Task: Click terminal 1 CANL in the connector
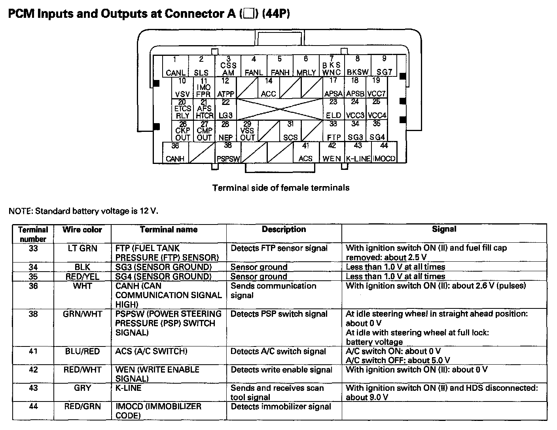(x=176, y=66)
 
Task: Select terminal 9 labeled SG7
(x=384, y=66)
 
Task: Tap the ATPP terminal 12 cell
(x=225, y=88)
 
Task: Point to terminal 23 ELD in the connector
(x=333, y=109)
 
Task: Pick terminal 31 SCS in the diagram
(x=290, y=131)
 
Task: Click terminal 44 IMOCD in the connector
(x=384, y=152)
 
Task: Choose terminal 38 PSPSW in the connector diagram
(x=228, y=152)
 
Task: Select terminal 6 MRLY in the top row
(x=306, y=66)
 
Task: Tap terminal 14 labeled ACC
(x=269, y=88)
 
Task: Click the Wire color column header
(x=82, y=230)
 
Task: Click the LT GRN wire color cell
(x=82, y=248)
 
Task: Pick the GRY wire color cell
(x=82, y=388)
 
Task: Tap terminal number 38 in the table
(x=33, y=314)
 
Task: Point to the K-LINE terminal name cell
(x=128, y=388)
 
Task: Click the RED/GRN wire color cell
(x=82, y=407)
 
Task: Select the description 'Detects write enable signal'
(x=281, y=370)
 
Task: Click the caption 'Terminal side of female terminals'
(x=281, y=188)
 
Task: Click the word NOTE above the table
(x=20, y=211)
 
